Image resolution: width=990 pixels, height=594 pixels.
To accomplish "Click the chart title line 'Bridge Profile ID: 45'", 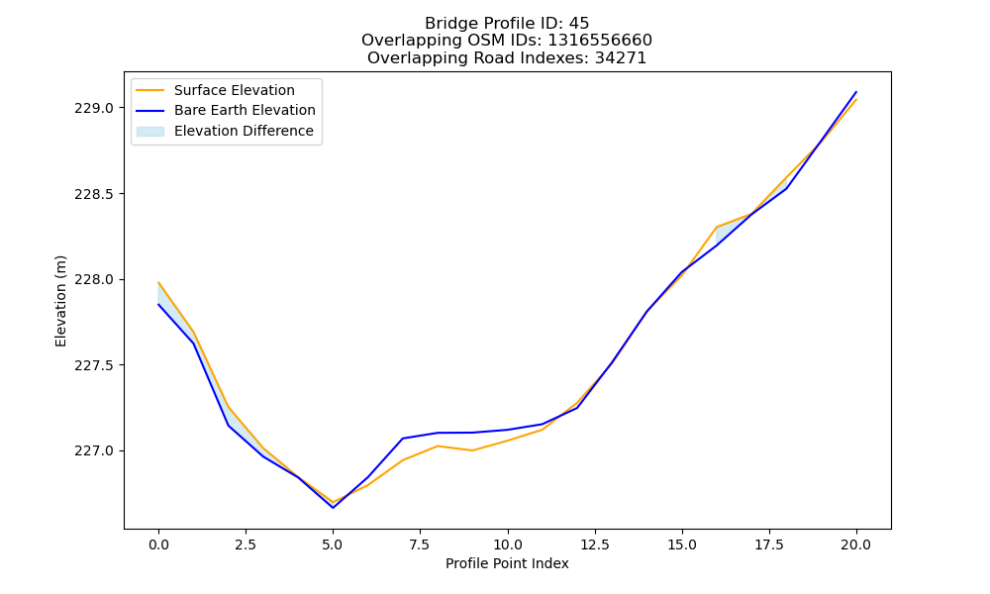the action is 506,24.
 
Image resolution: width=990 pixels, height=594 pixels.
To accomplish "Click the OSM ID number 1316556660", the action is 599,41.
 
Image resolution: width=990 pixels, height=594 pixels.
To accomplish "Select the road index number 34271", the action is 620,58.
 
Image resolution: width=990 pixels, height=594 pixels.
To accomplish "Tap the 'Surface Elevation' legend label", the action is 235,90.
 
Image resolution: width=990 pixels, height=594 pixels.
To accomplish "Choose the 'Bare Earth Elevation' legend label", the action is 245,110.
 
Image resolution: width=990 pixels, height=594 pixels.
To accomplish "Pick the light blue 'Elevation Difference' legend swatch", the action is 150,132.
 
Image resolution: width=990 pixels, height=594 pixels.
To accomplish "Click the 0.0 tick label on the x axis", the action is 158,544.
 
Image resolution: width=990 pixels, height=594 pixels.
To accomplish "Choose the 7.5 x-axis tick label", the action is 420,544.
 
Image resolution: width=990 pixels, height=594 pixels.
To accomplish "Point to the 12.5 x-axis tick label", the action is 595,544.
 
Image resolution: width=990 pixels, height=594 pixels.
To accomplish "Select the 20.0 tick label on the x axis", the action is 856,544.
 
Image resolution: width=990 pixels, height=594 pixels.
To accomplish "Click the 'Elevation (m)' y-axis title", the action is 60,301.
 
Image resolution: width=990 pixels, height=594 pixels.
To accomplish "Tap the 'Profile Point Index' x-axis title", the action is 507,563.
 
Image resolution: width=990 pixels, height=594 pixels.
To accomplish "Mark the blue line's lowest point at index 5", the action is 333,508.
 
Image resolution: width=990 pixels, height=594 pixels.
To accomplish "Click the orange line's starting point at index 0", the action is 158,282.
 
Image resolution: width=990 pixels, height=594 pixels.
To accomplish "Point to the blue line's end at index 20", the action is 856,91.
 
